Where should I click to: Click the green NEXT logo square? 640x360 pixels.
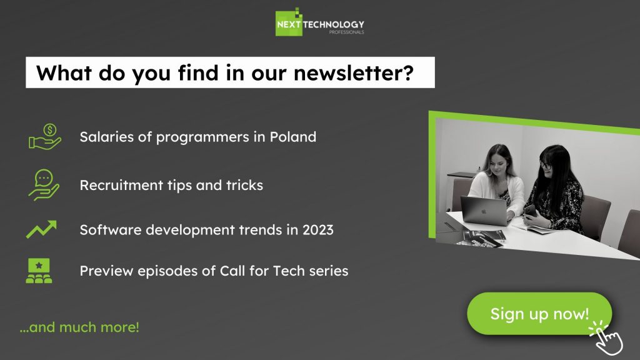[x=289, y=23]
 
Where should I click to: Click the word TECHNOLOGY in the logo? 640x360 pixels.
[x=334, y=24]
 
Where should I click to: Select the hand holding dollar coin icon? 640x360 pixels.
[x=45, y=137]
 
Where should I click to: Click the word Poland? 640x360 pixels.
[x=292, y=137]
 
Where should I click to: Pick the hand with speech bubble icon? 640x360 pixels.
[x=44, y=185]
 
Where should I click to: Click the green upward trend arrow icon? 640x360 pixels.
[x=41, y=229]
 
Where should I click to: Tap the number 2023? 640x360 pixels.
[x=317, y=230]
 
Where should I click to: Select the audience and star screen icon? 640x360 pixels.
[x=39, y=271]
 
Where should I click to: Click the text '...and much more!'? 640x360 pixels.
[x=79, y=327]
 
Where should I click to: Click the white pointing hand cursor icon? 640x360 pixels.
[x=606, y=337]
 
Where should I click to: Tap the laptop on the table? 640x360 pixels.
[x=484, y=209]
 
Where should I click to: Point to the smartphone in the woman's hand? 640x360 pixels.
[x=530, y=211]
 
